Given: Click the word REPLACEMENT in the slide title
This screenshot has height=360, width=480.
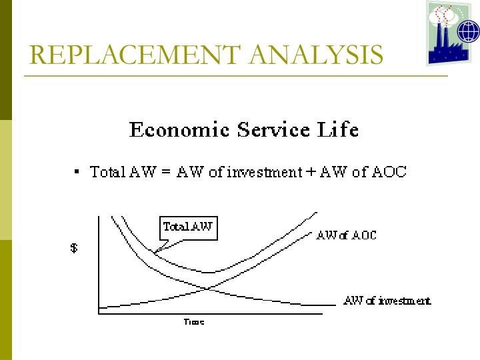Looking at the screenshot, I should [x=127, y=55].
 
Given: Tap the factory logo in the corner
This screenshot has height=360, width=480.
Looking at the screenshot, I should [x=453, y=33].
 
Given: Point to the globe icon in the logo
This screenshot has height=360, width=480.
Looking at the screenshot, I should [x=468, y=31].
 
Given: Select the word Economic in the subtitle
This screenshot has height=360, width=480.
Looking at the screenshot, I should [x=175, y=129].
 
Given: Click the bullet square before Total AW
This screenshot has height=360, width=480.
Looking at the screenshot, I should [x=78, y=172].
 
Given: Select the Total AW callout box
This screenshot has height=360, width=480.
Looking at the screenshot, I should [x=188, y=227].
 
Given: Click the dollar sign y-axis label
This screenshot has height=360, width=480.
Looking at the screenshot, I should [x=74, y=249].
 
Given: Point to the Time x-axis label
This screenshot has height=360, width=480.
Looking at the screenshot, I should [x=193, y=322].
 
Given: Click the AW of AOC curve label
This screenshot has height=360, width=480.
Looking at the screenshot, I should [x=346, y=235].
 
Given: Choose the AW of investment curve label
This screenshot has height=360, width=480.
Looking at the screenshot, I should [x=387, y=301].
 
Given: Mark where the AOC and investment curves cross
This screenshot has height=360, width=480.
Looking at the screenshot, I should [x=209, y=288].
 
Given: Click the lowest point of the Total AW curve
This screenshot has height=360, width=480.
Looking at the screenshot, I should [x=209, y=272].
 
